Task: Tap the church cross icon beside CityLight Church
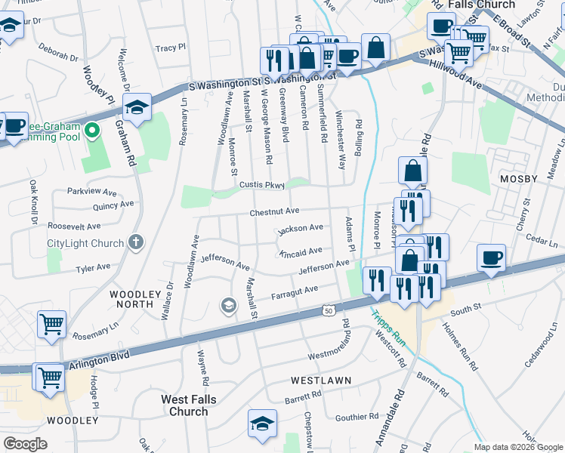coord(135,242)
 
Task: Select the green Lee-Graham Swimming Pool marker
coord(92,132)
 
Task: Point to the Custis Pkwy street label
coord(262,185)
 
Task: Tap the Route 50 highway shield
coord(328,310)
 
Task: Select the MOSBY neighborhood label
coord(518,179)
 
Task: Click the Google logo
coord(26,444)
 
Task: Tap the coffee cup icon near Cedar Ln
coord(491,258)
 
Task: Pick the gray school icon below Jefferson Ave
coord(227,305)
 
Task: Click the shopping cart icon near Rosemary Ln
coord(51,325)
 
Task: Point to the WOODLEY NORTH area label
coord(136,300)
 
